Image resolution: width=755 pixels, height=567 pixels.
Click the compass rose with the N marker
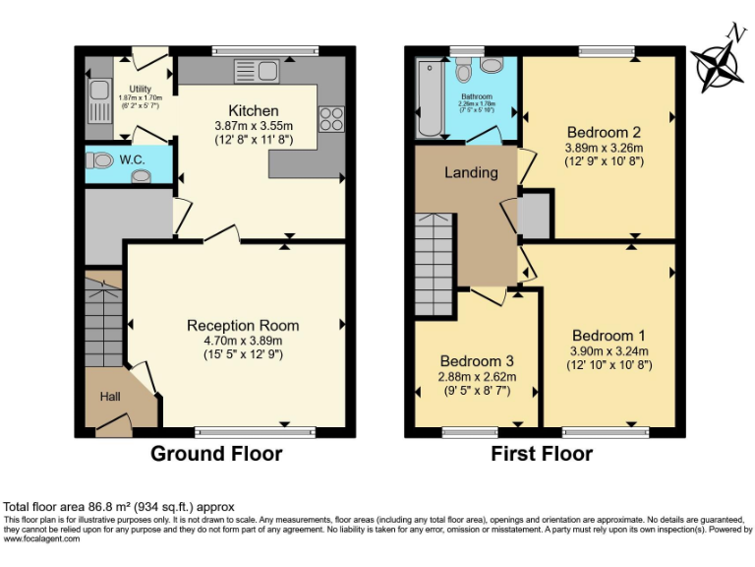pos(716,66)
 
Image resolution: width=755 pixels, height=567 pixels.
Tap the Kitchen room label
pos(254,110)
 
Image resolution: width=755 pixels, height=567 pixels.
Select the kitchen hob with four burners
pos(331,118)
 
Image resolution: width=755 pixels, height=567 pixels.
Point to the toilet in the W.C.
pos(100,160)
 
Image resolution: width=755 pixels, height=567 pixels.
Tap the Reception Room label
pos(243,326)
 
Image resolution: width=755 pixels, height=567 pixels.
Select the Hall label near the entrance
pos(110,396)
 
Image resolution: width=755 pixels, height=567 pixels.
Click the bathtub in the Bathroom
pos(429,98)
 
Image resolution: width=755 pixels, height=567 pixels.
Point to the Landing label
pos(471,172)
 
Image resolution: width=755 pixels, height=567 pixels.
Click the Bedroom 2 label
pos(605,132)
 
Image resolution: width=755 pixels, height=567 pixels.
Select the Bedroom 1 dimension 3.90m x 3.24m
pos(610,350)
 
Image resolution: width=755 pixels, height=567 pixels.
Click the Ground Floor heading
pos(215,454)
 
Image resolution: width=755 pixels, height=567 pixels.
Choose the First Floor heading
pos(542,454)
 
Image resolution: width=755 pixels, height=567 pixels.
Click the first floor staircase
pos(434,263)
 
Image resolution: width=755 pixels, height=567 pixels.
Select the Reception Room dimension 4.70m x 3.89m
pos(243,341)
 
